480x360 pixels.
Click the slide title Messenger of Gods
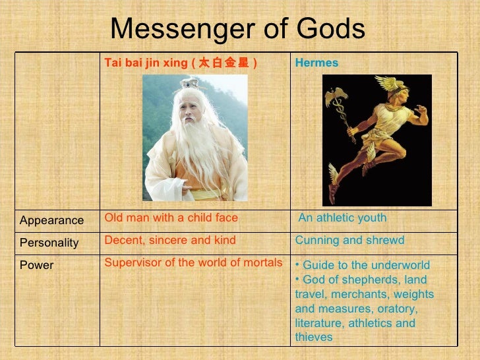pyautogui.click(x=237, y=28)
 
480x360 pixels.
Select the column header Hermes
pyautogui.click(x=316, y=63)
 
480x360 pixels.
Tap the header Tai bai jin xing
pyautogui.click(x=146, y=63)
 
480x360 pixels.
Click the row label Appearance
pyautogui.click(x=51, y=220)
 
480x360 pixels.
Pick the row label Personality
pyautogui.click(x=49, y=243)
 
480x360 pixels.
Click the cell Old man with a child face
pyautogui.click(x=171, y=218)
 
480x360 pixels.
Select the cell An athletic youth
pyautogui.click(x=342, y=218)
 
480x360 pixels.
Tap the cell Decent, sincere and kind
pyautogui.click(x=169, y=240)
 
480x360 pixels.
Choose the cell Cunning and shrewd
pyautogui.click(x=349, y=240)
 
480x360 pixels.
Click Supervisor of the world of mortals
pyautogui.click(x=194, y=262)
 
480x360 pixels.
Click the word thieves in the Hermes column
pyautogui.click(x=314, y=337)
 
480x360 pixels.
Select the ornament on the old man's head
pyautogui.click(x=191, y=83)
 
